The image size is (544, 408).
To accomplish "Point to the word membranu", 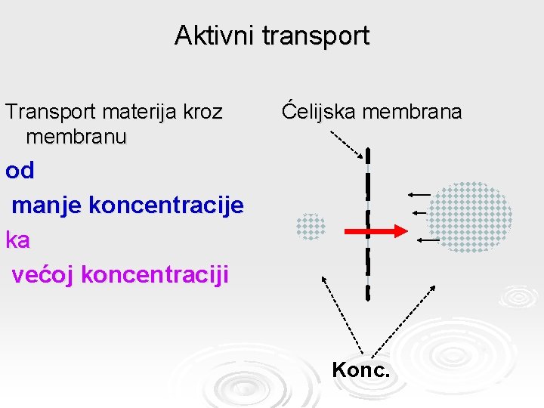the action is (x=76, y=137).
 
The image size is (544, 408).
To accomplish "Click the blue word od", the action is (x=20, y=172).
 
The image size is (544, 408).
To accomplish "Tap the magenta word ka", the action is (x=17, y=240).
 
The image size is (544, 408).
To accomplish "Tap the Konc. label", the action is (x=361, y=371).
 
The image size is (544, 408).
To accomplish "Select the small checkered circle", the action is (x=311, y=227).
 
